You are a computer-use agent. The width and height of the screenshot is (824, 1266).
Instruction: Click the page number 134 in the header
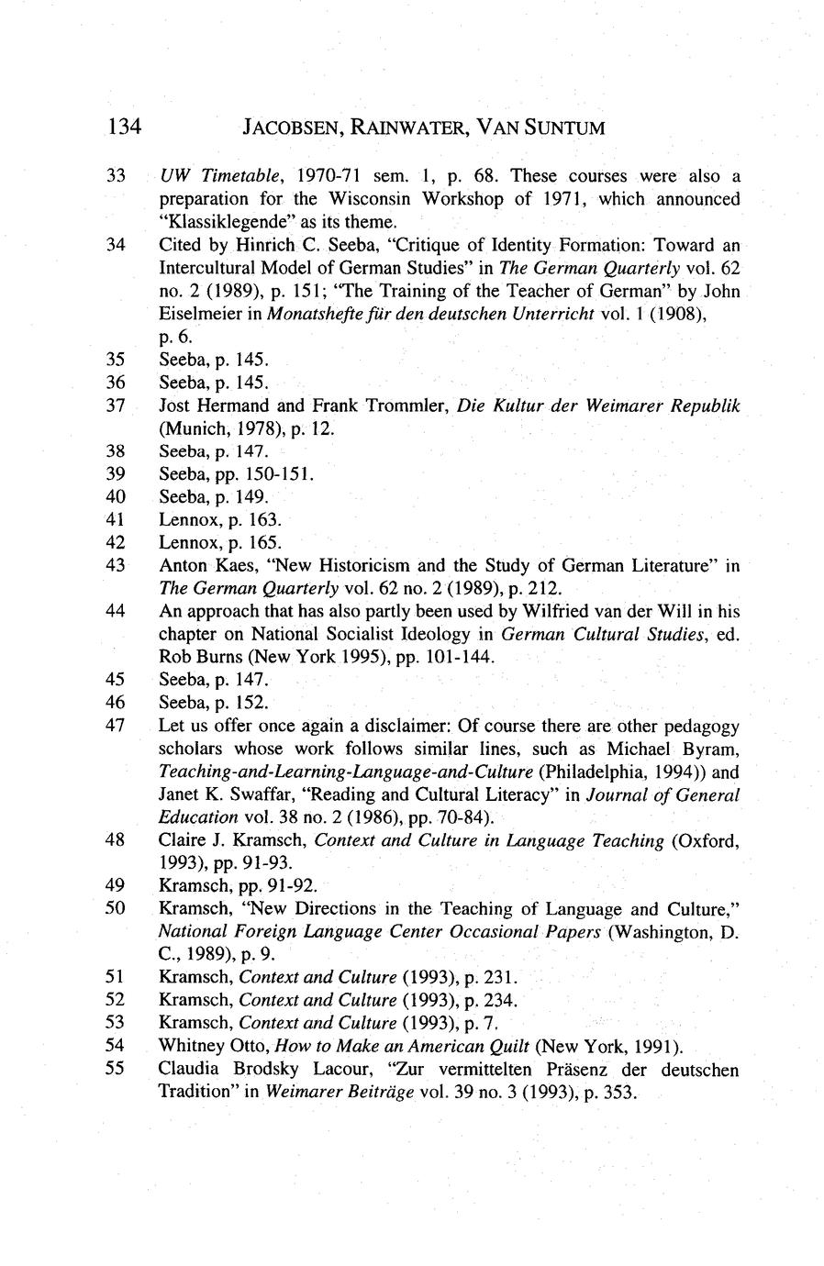(123, 128)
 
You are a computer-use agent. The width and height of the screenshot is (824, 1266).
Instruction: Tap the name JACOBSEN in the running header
(293, 128)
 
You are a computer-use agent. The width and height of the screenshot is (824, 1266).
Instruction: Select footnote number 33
(116, 175)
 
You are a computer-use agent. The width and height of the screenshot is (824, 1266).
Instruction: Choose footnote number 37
(116, 405)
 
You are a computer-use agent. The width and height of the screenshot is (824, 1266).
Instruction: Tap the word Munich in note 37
(191, 428)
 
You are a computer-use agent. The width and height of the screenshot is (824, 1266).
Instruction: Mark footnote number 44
(116, 611)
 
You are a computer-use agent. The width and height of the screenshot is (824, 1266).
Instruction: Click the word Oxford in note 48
(707, 840)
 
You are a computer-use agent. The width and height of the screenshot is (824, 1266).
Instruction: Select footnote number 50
(116, 909)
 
